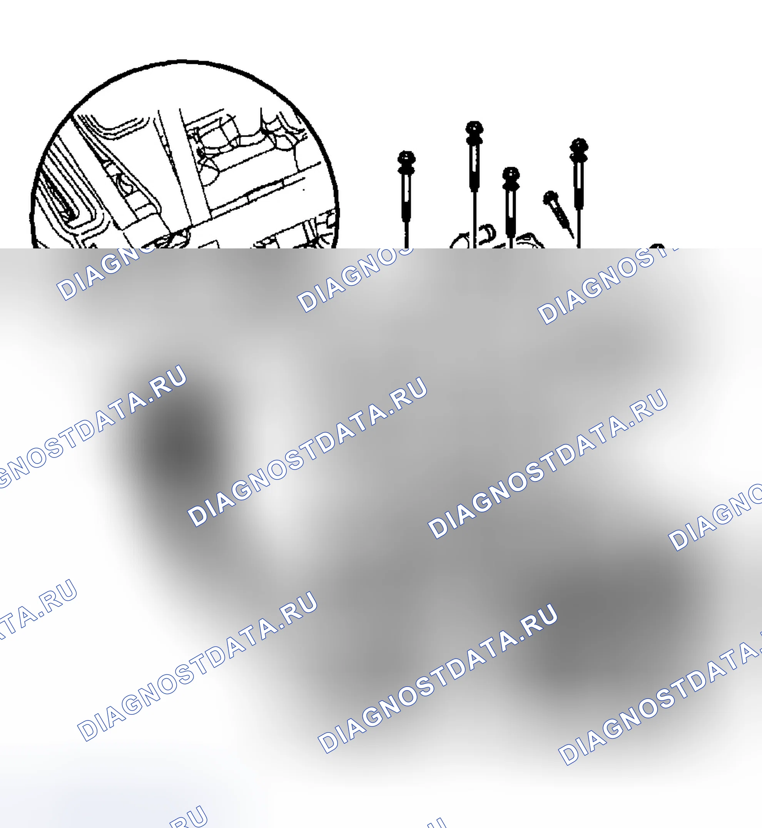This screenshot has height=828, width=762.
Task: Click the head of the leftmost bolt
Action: tap(406, 158)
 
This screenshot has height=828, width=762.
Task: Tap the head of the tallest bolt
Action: tap(474, 128)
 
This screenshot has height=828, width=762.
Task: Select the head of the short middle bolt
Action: tap(511, 173)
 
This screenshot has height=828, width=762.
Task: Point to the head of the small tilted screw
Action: tap(550, 198)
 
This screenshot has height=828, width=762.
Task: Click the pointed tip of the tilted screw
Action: tap(573, 238)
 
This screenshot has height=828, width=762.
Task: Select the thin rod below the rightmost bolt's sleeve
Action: tap(579, 228)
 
